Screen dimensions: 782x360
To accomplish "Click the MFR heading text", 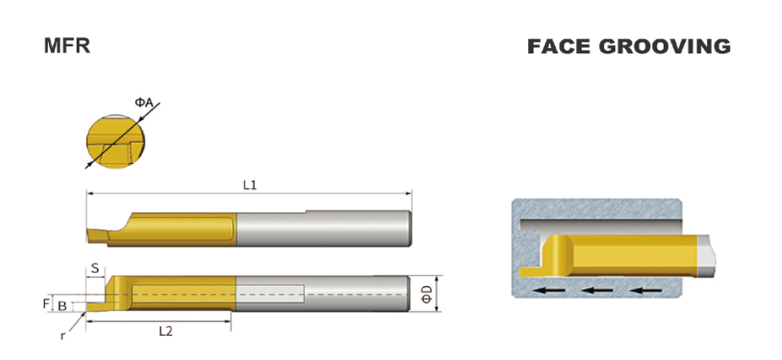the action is pyautogui.click(x=67, y=45).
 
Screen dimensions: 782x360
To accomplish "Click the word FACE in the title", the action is pyautogui.click(x=559, y=46).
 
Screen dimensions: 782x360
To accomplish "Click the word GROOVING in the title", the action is pyautogui.click(x=664, y=46).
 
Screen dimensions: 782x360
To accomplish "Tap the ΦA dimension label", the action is pyautogui.click(x=143, y=102).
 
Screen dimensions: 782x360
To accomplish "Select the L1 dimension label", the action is pyautogui.click(x=250, y=185).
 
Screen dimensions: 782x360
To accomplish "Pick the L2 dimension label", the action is pyautogui.click(x=166, y=331).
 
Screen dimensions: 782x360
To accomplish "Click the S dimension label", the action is pyautogui.click(x=95, y=269).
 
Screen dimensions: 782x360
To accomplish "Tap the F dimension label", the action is pyautogui.click(x=46, y=303).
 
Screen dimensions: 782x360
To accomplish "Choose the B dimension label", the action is pyautogui.click(x=61, y=306).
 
